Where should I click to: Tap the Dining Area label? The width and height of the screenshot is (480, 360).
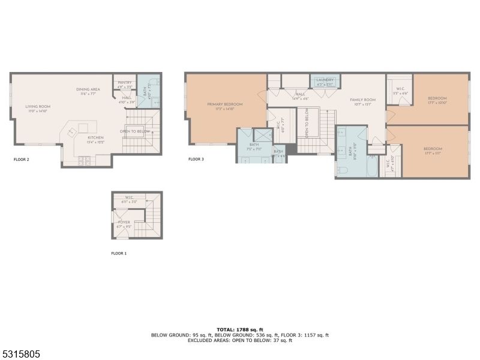click(88, 89)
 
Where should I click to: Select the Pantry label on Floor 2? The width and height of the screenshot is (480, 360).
click(125, 83)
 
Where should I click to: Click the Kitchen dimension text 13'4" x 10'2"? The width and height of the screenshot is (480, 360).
click(95, 142)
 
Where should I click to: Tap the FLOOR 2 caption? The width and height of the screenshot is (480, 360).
click(22, 160)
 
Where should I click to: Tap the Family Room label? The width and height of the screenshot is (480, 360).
click(363, 100)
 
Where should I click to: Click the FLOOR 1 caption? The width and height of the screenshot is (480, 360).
click(119, 254)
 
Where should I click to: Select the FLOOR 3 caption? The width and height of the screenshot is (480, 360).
click(196, 160)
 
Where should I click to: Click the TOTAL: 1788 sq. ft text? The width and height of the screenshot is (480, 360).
click(240, 329)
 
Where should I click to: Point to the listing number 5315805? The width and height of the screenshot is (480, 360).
click(20, 355)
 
